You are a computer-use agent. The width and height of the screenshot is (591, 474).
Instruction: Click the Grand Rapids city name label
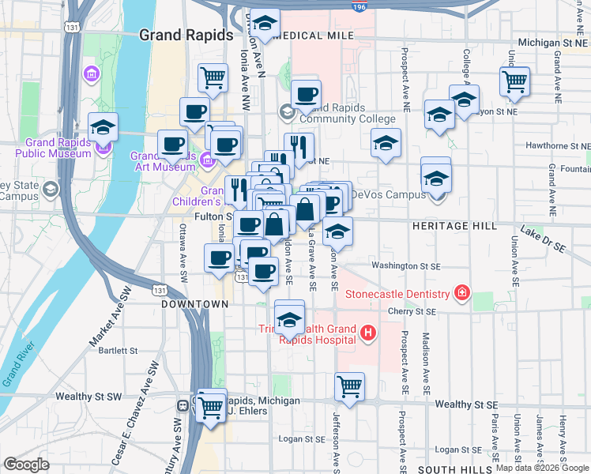point(186,36)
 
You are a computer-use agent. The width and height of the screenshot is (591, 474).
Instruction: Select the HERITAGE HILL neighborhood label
point(454,226)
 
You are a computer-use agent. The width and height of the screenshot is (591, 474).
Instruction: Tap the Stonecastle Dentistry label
point(398,295)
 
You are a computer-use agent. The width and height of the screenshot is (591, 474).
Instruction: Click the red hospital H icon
point(367,333)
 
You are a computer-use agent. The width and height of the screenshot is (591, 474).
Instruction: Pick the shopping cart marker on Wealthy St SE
point(349,387)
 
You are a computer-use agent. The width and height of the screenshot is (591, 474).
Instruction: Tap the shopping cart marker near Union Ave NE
point(514,81)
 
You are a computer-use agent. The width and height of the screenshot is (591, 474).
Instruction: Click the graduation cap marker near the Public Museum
point(103,126)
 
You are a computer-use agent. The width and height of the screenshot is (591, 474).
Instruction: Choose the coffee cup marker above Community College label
point(306,94)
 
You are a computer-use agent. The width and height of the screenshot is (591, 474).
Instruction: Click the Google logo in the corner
point(27,465)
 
